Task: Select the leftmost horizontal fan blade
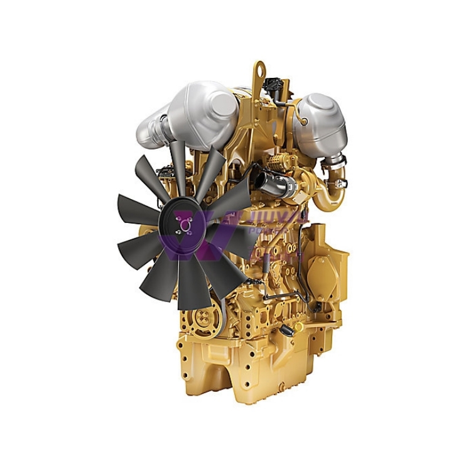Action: point(138,207)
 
